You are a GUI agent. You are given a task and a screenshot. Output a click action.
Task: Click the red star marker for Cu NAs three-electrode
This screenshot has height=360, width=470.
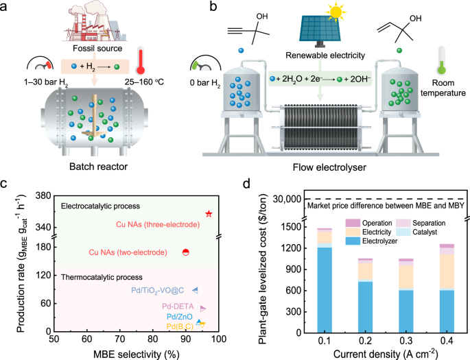pos(209,214)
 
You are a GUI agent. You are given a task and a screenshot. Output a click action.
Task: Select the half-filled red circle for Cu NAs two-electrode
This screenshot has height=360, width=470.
pos(185,252)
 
